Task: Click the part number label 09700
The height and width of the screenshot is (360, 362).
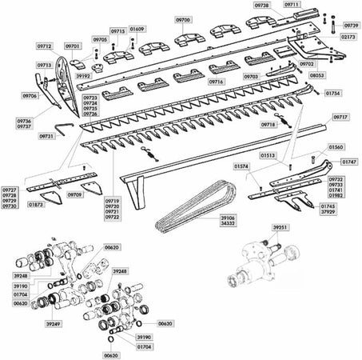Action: pyautogui.click(x=183, y=18)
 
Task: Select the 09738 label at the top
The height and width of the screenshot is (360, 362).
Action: pyautogui.click(x=263, y=5)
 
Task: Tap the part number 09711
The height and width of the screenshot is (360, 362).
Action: pyautogui.click(x=292, y=5)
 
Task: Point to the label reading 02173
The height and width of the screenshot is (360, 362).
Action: pyautogui.click(x=349, y=37)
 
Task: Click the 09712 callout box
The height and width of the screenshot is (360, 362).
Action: pyautogui.click(x=45, y=46)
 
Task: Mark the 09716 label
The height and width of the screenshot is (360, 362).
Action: pyautogui.click(x=215, y=82)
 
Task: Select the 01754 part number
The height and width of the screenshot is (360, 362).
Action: pyautogui.click(x=332, y=93)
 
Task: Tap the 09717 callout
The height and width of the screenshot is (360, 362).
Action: pyautogui.click(x=340, y=117)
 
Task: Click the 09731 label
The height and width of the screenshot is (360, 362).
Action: pyautogui.click(x=46, y=136)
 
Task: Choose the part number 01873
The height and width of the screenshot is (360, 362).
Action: pyautogui.click(x=35, y=205)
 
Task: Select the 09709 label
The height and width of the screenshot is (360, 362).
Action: pyautogui.click(x=74, y=194)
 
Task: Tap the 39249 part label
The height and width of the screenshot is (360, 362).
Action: pyautogui.click(x=54, y=324)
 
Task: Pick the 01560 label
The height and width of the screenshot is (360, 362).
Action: pyautogui.click(x=336, y=148)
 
